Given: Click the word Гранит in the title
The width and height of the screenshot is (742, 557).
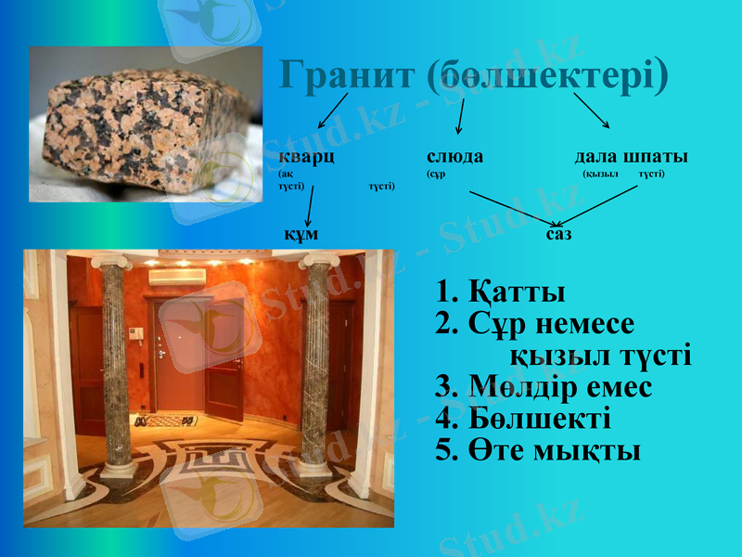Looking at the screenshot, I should click(347, 77).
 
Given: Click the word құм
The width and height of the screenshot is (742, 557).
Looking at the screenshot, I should click(301, 233).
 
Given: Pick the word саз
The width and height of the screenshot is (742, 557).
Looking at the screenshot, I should click(558, 234).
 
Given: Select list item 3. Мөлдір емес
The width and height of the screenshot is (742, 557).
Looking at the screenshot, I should click(544, 387).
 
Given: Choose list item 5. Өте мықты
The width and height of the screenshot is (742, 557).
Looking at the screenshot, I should click(538, 451).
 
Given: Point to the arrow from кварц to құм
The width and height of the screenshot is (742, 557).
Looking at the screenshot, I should click(309, 205).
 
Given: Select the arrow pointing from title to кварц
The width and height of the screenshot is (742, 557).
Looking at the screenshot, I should click(333, 110).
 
